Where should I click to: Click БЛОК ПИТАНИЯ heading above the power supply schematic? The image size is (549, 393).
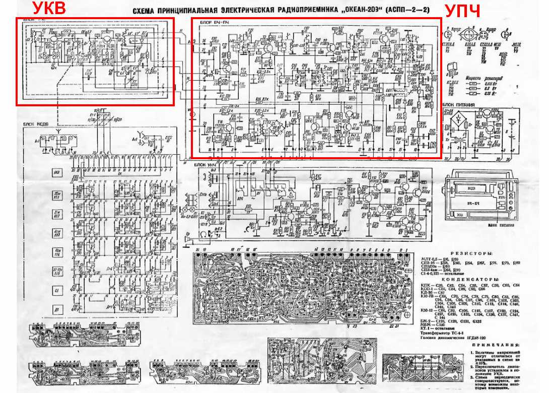click(458, 105)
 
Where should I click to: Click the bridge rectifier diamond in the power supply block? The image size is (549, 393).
click(460, 121)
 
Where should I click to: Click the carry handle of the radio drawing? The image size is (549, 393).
click(483, 173)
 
